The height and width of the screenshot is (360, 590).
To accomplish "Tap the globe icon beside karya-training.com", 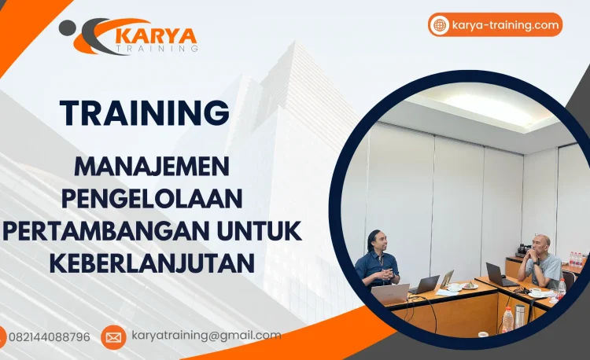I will pos(440,25).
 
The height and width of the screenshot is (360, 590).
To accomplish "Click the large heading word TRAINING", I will pos(145,112).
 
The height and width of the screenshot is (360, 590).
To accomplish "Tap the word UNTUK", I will pos(263,231).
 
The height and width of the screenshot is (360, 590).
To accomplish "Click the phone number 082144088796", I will pos(49,336).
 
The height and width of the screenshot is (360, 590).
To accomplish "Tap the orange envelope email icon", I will pos(113,337).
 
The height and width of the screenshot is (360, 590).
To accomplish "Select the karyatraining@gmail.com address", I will pos(205,336).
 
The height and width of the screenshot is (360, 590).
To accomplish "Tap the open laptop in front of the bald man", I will pos(497,274).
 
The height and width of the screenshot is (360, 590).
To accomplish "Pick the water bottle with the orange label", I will pos(507,318).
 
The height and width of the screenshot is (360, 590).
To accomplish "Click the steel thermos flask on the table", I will pos(520,314).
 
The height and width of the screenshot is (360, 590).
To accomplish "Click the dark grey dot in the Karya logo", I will pos(66,28).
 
